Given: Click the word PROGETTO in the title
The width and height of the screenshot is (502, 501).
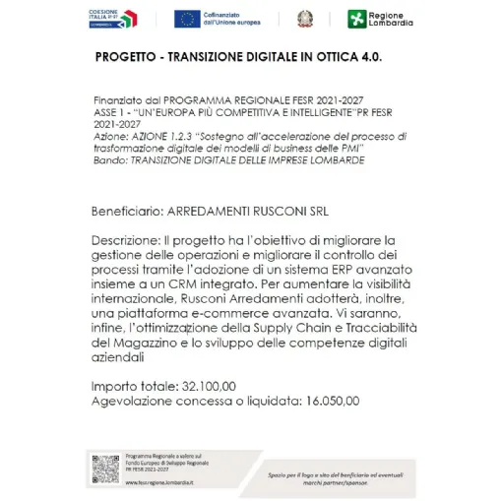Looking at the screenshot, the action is (x=127, y=57).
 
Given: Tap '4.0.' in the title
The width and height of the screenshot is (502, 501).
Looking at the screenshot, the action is (x=367, y=57).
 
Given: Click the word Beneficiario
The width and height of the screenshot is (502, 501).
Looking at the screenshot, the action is (x=127, y=211).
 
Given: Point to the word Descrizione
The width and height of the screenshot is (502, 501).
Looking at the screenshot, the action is (x=125, y=238).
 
